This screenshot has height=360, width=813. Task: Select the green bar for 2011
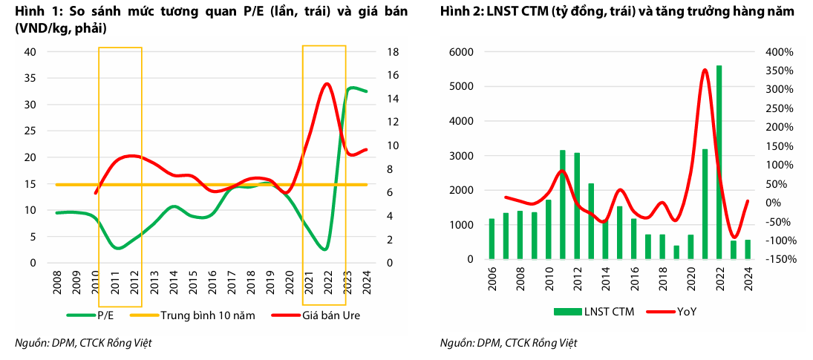(x=563, y=204)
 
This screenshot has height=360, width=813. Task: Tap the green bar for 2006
(x=492, y=238)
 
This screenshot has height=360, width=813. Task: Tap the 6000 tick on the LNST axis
(x=461, y=52)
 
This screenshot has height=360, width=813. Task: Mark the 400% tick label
(x=780, y=52)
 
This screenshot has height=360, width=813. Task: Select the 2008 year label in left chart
(x=58, y=285)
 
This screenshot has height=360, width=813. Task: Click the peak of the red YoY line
(x=705, y=70)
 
